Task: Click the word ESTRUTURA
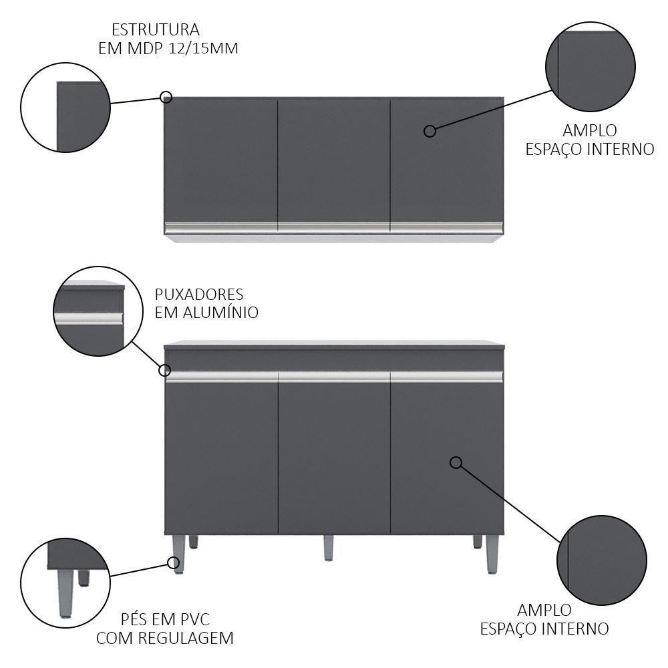156,30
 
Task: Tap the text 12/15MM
203,48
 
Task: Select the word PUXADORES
199,295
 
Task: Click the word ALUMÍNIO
220,312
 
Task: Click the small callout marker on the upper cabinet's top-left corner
166,97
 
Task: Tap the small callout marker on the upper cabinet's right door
430,131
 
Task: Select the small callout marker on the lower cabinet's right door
456,463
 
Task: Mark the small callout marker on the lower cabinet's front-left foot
174,563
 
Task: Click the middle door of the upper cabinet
334,161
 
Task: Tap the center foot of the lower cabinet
328,548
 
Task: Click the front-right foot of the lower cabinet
492,554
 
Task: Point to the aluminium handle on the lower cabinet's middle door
334,377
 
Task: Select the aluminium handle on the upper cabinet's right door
447,228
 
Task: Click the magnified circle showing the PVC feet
65,582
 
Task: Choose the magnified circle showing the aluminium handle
98,311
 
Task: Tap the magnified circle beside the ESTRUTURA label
65,108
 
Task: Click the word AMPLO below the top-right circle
590,130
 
